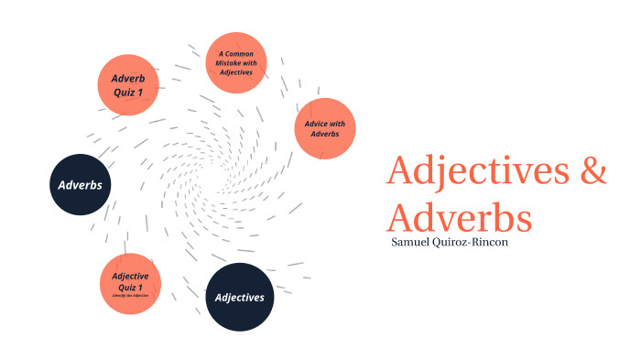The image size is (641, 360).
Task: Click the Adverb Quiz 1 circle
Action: (129, 83)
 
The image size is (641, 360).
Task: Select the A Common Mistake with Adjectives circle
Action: (236, 62)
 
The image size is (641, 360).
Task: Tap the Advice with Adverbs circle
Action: (324, 128)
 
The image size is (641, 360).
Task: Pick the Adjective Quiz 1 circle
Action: (130, 283)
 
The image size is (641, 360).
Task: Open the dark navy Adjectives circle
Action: (239, 297)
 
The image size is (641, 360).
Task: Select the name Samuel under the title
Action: (416, 242)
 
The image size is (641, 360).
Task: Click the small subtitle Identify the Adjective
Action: (130, 296)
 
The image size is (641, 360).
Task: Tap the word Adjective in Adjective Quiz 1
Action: (130, 275)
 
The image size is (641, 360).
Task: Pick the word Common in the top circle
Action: (240, 53)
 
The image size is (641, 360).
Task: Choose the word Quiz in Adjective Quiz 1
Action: (125, 286)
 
